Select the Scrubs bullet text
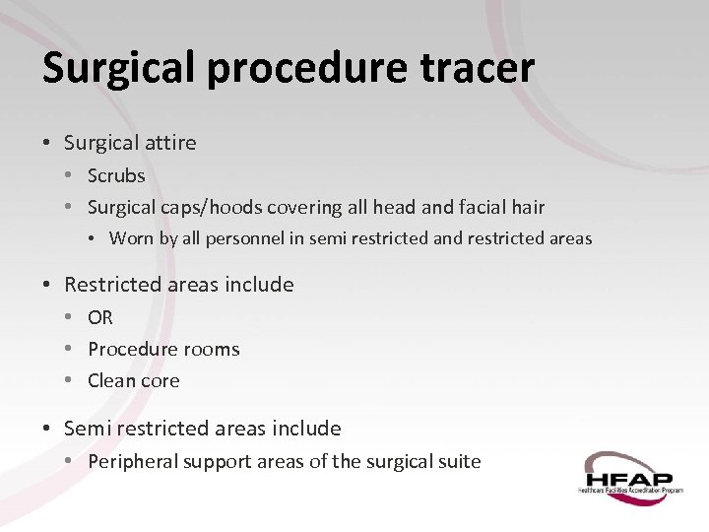116,175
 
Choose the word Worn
130,238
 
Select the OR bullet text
100,317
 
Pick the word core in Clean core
161,380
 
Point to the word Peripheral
131,461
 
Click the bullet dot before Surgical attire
48,143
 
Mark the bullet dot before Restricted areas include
48,285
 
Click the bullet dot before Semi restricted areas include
48,429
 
